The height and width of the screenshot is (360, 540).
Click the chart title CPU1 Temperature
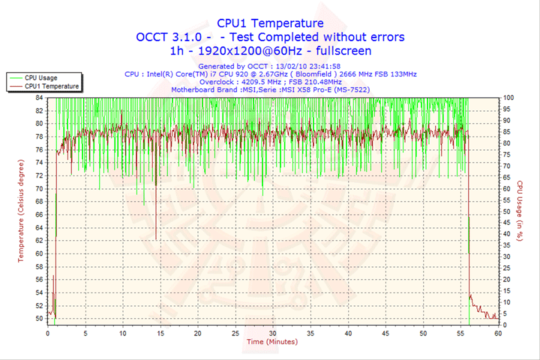(270, 23)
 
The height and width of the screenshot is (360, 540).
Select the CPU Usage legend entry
(41, 77)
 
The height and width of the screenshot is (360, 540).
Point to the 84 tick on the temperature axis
(40, 97)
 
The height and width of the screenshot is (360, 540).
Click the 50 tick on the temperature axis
(40, 319)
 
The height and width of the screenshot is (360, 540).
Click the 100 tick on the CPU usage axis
(508, 97)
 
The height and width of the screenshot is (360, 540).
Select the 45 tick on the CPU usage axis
(507, 223)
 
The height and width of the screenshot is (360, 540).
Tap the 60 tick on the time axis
(498, 334)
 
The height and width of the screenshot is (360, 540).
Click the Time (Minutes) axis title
(271, 342)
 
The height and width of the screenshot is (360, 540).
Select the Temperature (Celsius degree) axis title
(21, 211)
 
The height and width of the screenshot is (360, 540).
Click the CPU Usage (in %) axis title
(519, 211)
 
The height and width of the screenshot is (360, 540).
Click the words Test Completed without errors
(328, 37)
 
